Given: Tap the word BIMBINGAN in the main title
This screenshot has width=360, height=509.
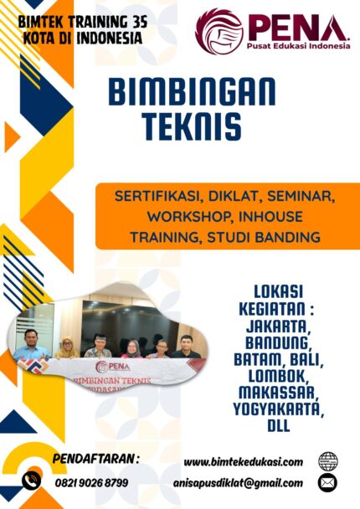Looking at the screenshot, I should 180,90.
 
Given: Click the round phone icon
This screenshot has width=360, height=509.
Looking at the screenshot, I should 32,480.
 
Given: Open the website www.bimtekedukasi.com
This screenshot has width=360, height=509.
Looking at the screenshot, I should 243,462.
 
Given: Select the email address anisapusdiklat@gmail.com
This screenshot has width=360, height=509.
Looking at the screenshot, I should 244,482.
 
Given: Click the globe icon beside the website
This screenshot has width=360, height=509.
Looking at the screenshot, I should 328,461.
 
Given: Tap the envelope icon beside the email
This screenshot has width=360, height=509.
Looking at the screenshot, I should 328,482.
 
